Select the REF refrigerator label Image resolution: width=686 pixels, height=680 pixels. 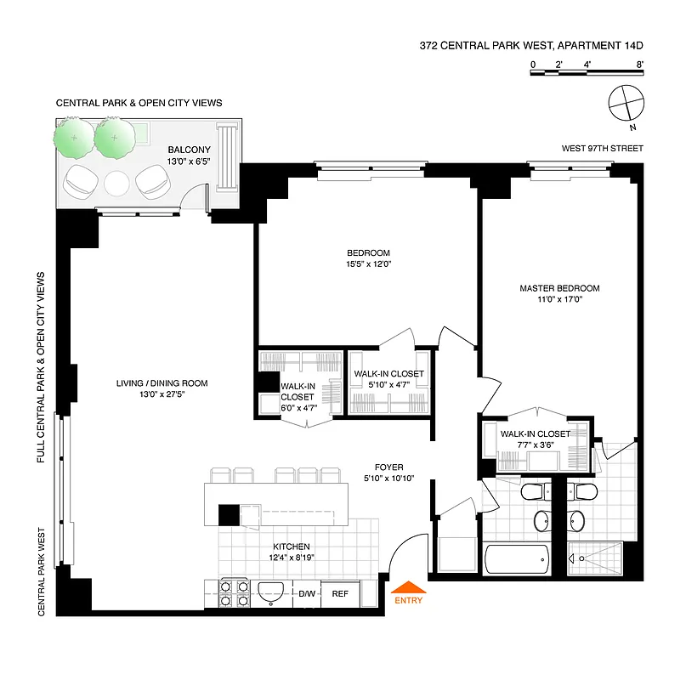click(x=341, y=594)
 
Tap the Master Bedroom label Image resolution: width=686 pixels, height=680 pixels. click(x=559, y=288)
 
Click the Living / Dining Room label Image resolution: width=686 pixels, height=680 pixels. click(x=162, y=383)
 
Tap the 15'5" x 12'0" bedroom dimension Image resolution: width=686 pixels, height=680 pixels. click(x=368, y=263)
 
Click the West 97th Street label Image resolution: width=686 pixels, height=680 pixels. click(x=602, y=148)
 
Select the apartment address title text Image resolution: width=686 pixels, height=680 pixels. click(x=531, y=48)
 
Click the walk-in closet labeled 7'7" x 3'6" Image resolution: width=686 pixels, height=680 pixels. click(x=536, y=439)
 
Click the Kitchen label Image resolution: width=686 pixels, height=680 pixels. click(x=291, y=547)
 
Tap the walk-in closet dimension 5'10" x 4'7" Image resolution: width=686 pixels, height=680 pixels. click(x=388, y=385)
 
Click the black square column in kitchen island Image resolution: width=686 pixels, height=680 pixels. click(x=229, y=515)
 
